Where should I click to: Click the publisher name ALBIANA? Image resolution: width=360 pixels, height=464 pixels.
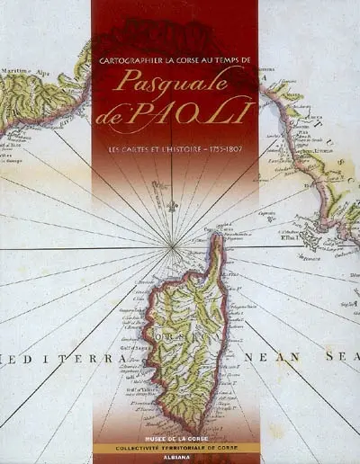click(175, 457)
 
